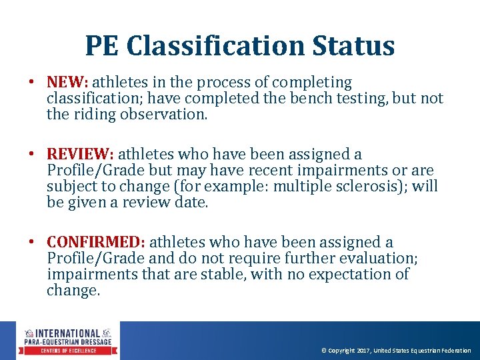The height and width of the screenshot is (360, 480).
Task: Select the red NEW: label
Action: click(67, 83)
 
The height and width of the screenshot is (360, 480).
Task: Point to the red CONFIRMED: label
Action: click(99, 243)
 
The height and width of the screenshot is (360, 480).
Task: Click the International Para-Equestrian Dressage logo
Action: click(69, 341)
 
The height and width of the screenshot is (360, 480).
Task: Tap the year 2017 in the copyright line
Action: click(363, 351)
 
